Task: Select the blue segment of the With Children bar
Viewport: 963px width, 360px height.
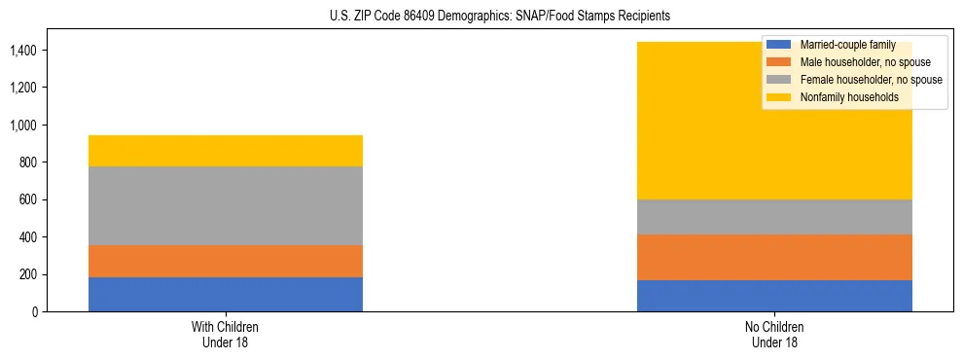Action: coord(226,294)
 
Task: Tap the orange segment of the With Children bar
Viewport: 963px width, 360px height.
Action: coord(226,261)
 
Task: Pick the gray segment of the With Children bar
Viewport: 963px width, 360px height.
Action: coord(226,205)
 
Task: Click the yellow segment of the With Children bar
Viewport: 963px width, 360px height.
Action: coord(226,151)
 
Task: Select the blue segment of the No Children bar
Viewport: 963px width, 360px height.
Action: coord(774,296)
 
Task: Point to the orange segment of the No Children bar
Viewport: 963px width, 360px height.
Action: coord(774,257)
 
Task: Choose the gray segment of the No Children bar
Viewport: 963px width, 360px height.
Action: coord(774,217)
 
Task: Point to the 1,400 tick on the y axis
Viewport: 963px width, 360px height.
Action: coord(26,50)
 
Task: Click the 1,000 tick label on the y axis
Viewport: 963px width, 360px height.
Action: coord(26,125)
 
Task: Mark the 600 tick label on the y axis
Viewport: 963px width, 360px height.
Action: coord(31,199)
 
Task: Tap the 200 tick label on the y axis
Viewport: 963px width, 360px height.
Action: coord(31,274)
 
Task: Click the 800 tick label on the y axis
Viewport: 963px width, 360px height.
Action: coord(31,162)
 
